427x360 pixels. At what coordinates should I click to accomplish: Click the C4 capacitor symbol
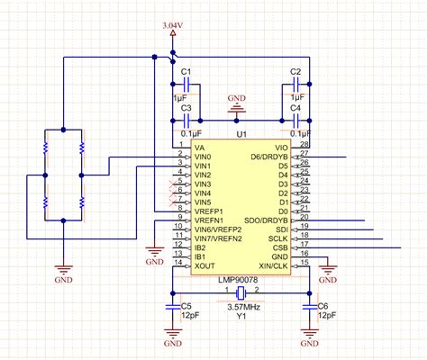295,119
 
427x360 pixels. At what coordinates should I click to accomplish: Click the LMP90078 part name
240,280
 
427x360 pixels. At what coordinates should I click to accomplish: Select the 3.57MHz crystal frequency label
241,308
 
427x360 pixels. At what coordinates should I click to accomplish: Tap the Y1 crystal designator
241,318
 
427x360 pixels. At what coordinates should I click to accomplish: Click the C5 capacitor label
186,306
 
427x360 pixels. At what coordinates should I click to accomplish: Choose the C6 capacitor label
323,306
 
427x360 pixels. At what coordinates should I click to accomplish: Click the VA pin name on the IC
199,146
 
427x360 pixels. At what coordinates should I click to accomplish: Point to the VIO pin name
282,146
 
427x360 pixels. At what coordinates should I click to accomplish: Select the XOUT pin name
204,265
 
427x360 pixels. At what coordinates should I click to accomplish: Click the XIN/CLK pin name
272,265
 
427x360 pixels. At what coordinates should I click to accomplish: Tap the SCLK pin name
278,237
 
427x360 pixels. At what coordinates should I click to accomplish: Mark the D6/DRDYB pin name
269,156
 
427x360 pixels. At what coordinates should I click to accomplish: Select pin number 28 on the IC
304,143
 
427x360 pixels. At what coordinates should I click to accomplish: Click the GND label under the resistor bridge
63,281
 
